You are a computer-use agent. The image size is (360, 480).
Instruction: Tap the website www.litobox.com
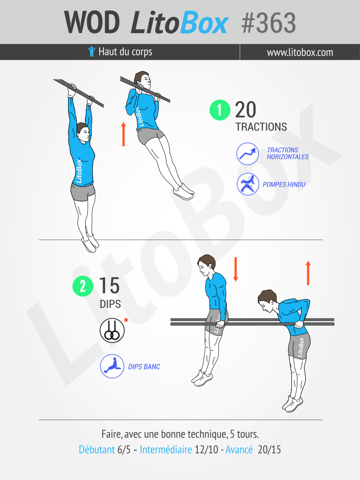(300, 52)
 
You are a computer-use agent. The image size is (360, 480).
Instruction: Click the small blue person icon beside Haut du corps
(92, 52)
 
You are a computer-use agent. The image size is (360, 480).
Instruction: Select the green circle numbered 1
(220, 110)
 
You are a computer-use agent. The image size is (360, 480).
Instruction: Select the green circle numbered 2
(83, 286)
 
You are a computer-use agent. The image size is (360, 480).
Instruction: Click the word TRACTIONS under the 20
(261, 127)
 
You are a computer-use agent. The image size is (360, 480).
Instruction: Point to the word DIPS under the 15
(110, 304)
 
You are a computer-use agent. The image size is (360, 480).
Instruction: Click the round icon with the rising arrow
(248, 154)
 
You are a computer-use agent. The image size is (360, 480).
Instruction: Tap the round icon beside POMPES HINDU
(248, 184)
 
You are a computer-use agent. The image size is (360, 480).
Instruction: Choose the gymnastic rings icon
(112, 331)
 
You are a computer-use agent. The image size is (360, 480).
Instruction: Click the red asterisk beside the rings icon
(126, 321)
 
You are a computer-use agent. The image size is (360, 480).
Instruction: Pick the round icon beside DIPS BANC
(112, 366)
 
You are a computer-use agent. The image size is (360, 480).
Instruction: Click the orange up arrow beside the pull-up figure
(123, 134)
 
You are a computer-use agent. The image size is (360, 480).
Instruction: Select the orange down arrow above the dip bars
(235, 269)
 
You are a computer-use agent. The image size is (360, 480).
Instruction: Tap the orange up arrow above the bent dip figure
(308, 273)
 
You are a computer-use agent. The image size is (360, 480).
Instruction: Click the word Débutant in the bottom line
(97, 449)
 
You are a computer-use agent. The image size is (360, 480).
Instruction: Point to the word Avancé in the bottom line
(239, 449)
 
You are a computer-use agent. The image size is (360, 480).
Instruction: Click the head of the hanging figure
(83, 132)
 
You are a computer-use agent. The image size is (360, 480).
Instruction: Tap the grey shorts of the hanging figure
(83, 191)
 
